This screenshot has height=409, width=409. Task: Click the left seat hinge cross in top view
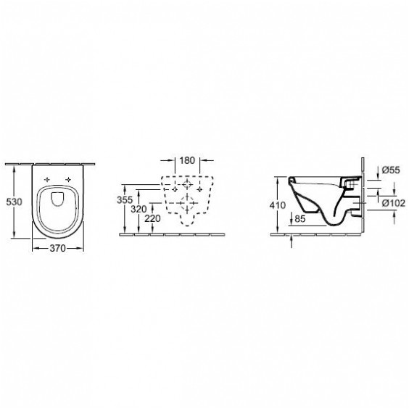coord(49,179)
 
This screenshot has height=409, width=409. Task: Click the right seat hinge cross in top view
coord(69,179)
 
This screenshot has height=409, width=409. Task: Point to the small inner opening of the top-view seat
coord(59,200)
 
